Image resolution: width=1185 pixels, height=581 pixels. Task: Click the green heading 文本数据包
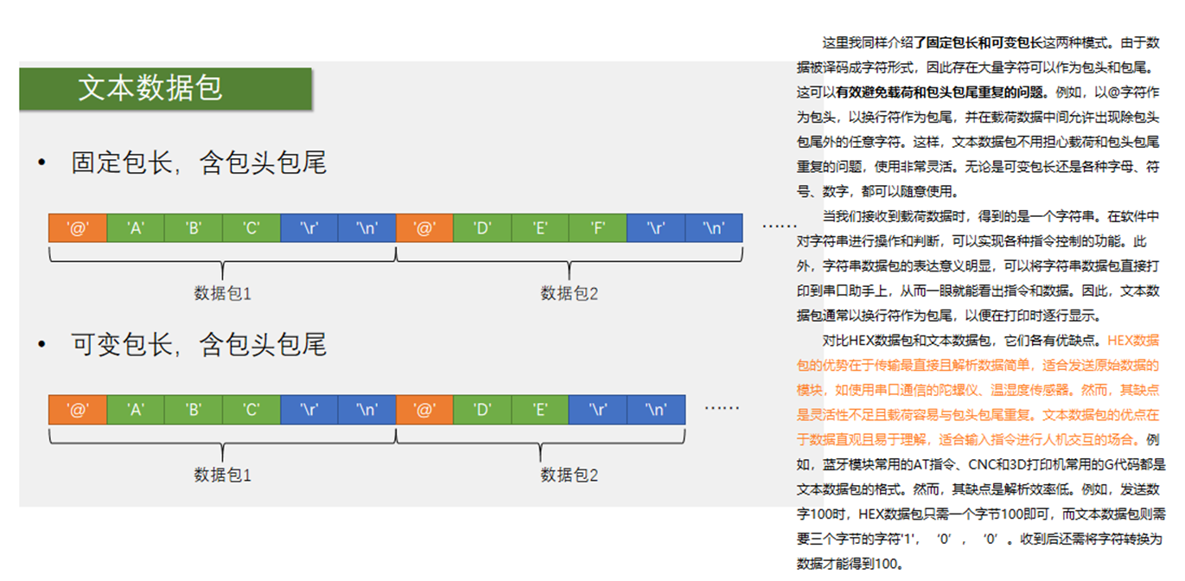coord(150,88)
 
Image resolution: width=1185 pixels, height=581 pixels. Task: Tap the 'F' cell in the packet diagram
coord(597,228)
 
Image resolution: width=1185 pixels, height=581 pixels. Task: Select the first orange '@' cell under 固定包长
coord(78,228)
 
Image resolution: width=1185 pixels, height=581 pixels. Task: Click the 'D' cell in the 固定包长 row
coord(481,228)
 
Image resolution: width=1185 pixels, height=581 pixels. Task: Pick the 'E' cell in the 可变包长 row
coord(539,410)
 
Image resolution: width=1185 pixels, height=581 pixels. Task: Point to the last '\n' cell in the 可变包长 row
coord(656,410)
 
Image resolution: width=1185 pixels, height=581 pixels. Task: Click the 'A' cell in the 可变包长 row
coord(135,410)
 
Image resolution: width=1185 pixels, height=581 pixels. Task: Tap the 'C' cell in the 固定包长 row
coord(251,228)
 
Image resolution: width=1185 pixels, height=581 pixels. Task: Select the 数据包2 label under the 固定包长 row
coord(570,293)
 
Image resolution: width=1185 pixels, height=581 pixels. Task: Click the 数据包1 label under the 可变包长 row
coord(222,475)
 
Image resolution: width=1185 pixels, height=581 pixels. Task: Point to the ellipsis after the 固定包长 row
coord(779,227)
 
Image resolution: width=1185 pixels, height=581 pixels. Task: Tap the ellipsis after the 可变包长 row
coord(722,408)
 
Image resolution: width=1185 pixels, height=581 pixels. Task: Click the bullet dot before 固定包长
coord(41,163)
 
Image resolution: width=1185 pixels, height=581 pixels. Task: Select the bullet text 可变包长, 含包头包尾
coord(199,345)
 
